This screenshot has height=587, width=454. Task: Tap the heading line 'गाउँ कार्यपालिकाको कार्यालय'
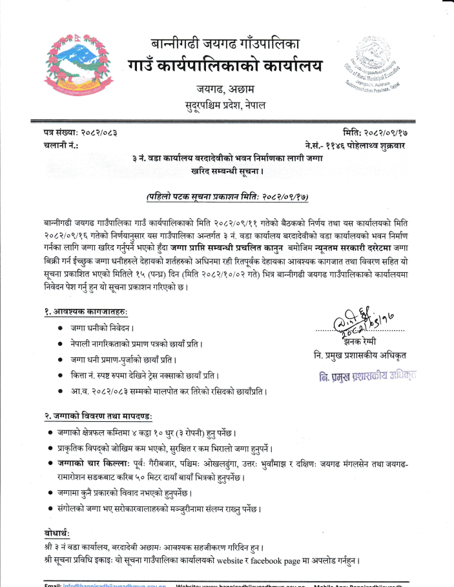pyautogui.click(x=225, y=66)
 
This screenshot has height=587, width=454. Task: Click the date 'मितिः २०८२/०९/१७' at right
pyautogui.click(x=369, y=133)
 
